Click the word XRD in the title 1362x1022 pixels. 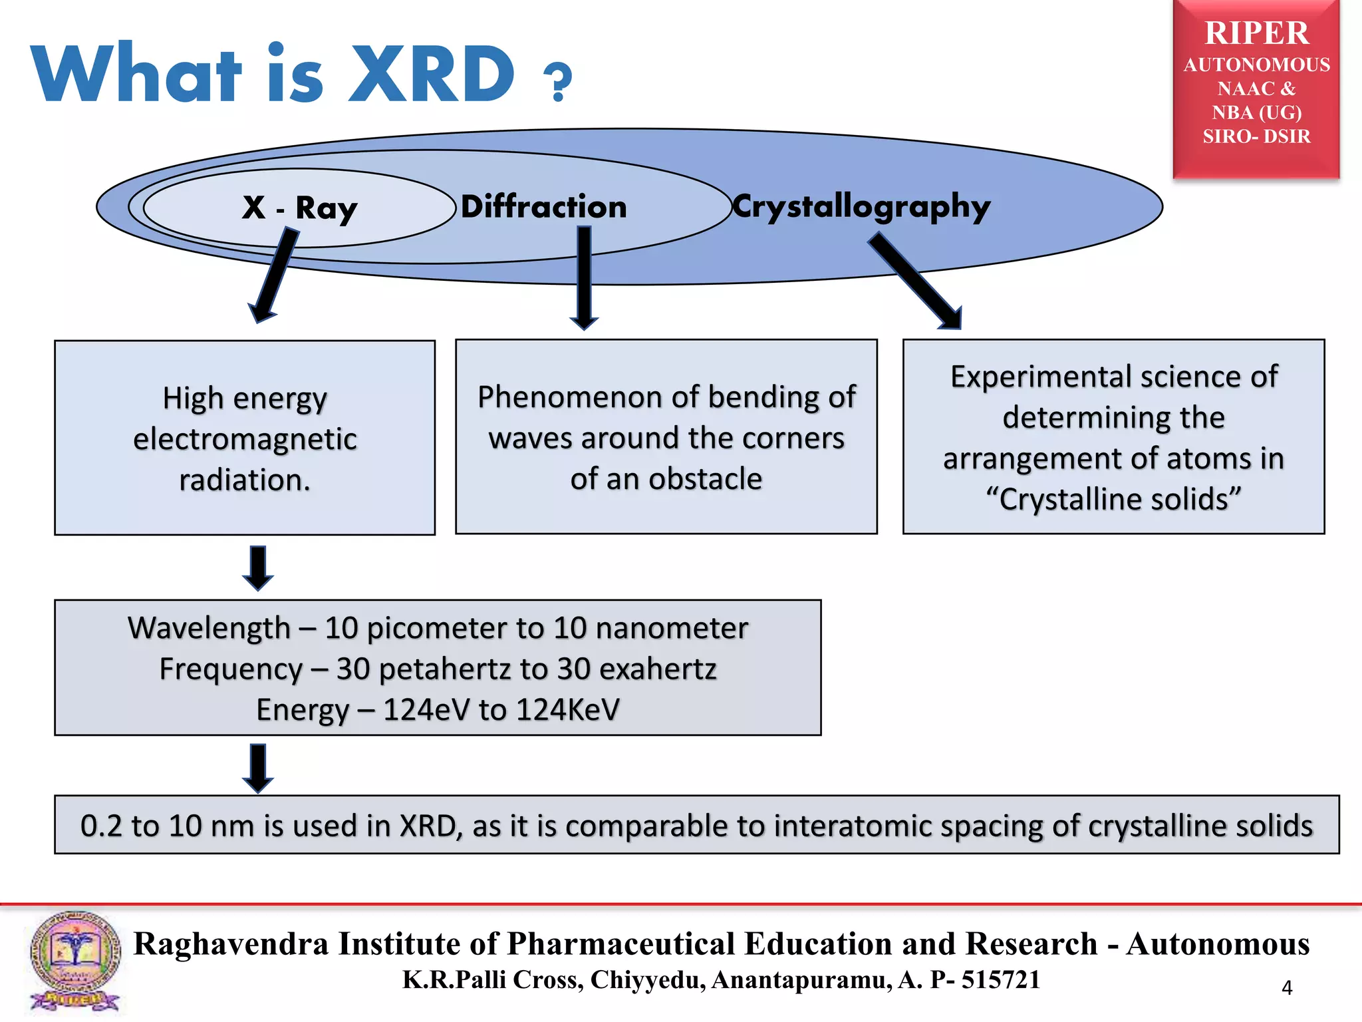[x=432, y=75]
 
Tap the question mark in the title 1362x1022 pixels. [x=557, y=83]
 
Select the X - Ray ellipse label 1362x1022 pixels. [x=299, y=208]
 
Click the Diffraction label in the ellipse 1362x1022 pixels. [x=543, y=207]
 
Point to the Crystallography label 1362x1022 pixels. [x=861, y=207]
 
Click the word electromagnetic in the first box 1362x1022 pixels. [x=245, y=439]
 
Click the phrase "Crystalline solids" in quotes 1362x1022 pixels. [x=1113, y=499]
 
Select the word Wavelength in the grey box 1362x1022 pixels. [x=209, y=628]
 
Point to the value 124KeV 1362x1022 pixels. [x=567, y=710]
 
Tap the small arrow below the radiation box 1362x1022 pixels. [x=258, y=568]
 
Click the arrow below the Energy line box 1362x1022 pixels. [x=258, y=768]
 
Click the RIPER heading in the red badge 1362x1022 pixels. [x=1256, y=33]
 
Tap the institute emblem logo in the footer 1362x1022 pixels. [x=74, y=962]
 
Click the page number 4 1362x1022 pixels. [x=1286, y=988]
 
